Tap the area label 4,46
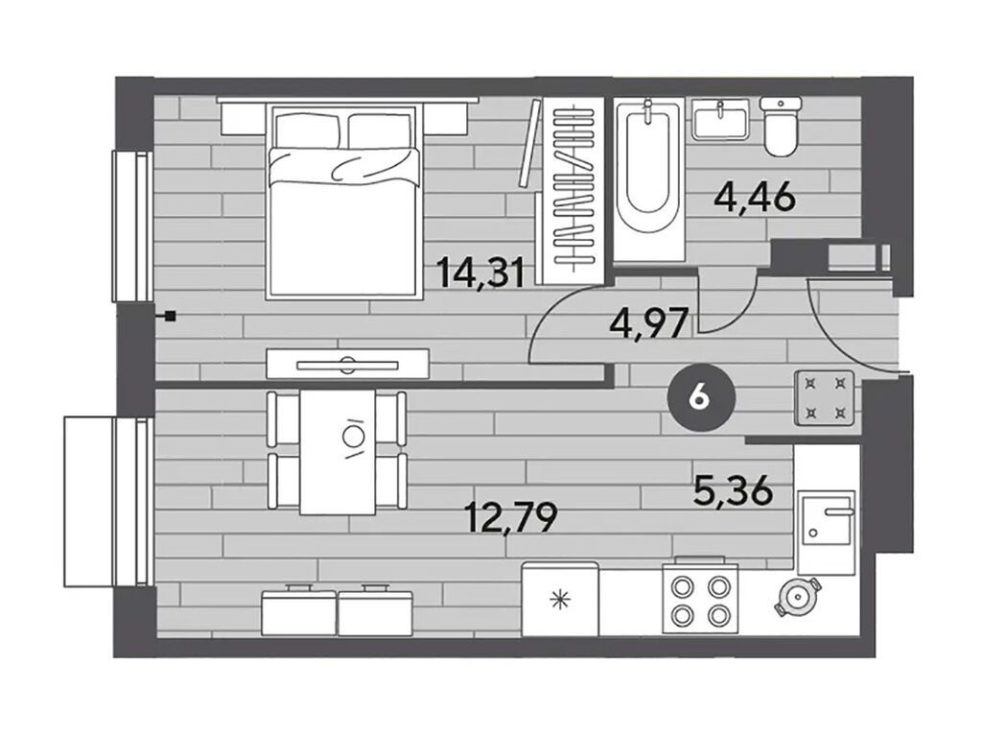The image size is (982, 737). click(755, 197)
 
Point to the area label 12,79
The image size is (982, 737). click(510, 517)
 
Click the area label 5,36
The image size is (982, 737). click(733, 490)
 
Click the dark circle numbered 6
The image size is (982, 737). click(698, 397)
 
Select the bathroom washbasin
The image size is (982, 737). click(720, 120)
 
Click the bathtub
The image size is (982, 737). click(648, 179)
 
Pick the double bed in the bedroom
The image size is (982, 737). click(342, 202)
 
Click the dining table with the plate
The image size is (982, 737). click(338, 452)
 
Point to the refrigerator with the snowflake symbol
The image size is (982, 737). click(560, 600)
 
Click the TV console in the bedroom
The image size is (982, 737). click(347, 364)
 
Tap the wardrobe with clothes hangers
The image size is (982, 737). click(573, 191)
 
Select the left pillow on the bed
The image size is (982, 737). click(307, 131)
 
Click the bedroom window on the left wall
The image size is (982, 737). click(132, 226)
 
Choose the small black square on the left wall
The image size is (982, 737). click(170, 317)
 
